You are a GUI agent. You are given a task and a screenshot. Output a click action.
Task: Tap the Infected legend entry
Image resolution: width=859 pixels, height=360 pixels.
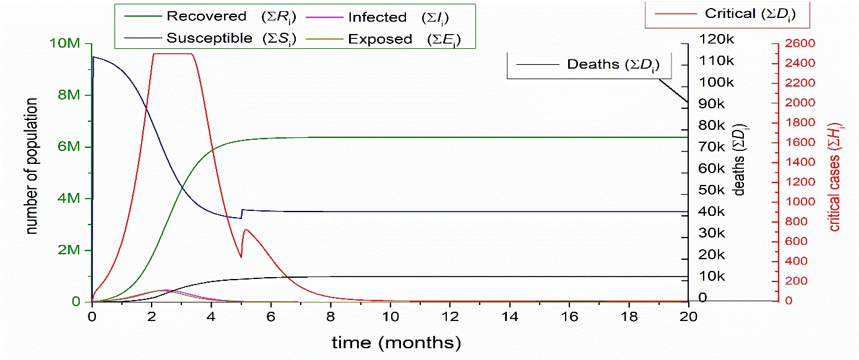384,17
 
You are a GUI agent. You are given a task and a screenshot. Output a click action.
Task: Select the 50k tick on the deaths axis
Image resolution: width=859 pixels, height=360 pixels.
718,191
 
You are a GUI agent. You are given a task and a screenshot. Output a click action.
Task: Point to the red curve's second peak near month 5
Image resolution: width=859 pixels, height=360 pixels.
246,229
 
